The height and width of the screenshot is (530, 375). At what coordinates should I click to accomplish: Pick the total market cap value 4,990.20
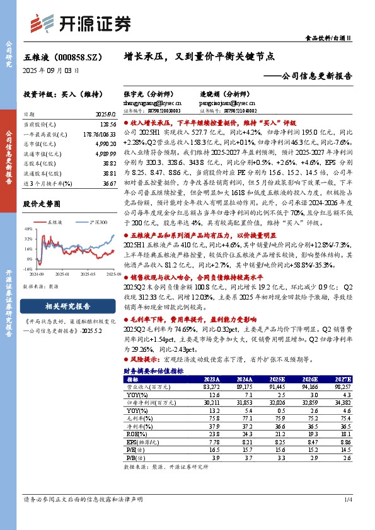(98, 145)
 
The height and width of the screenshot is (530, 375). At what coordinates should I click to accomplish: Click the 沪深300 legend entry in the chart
(98, 222)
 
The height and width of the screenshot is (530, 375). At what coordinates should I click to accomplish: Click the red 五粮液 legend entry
(51, 222)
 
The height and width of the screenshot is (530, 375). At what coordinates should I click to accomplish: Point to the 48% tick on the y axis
(28, 230)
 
